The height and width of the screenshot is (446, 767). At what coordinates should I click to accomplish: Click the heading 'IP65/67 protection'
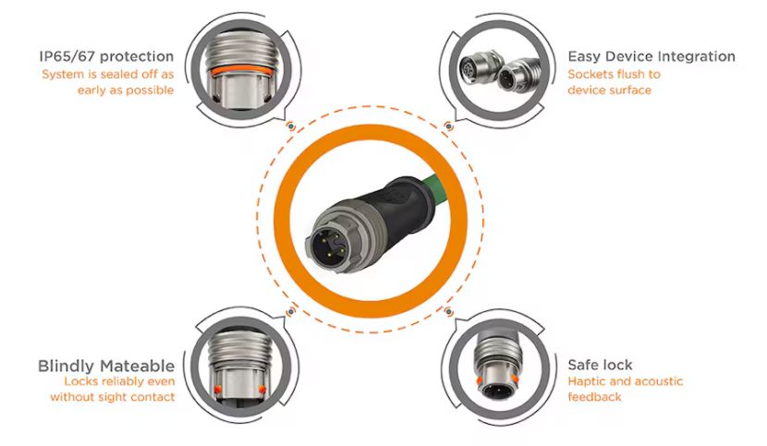point(106,56)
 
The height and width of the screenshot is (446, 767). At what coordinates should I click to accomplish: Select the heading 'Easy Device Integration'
point(651,56)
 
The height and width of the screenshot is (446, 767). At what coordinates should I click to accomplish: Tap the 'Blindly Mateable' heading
point(106,366)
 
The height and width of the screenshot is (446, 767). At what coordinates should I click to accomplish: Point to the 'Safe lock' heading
point(600,365)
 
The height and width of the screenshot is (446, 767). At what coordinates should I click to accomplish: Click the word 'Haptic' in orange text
point(585,381)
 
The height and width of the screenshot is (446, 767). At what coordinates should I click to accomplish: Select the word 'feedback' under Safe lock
point(594,397)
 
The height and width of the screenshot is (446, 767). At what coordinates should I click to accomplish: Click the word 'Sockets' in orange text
point(590,74)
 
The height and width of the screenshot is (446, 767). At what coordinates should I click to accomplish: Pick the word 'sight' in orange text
point(114,397)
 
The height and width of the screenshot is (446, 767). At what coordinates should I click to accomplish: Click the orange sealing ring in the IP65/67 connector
point(240,71)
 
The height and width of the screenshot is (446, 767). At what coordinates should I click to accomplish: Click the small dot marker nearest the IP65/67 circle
point(291,127)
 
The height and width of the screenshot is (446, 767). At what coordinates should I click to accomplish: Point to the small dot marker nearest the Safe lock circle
point(448,311)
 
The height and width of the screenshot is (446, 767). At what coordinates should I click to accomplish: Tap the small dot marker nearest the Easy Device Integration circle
point(448,127)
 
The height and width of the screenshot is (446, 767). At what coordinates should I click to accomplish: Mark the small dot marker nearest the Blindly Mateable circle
point(291,311)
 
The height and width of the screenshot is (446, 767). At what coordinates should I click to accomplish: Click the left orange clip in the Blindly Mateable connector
point(218,390)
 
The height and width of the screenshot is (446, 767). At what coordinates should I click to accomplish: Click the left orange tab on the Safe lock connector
point(480,380)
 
